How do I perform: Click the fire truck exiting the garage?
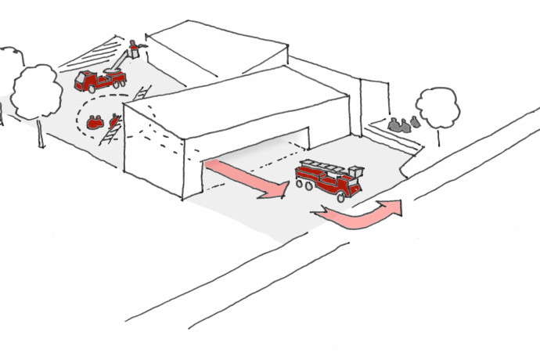pos(329,180)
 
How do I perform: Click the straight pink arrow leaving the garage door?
pos(247,178)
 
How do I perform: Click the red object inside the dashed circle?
pos(95,121)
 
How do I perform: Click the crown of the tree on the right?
pos(438,105)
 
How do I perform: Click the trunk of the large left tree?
pos(40,133)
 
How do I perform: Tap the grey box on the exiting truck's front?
pos(357,171)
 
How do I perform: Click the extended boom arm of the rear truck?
pos(121,62)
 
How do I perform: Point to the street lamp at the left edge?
pos(11,55)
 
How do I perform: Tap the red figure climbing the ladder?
pos(116,121)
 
